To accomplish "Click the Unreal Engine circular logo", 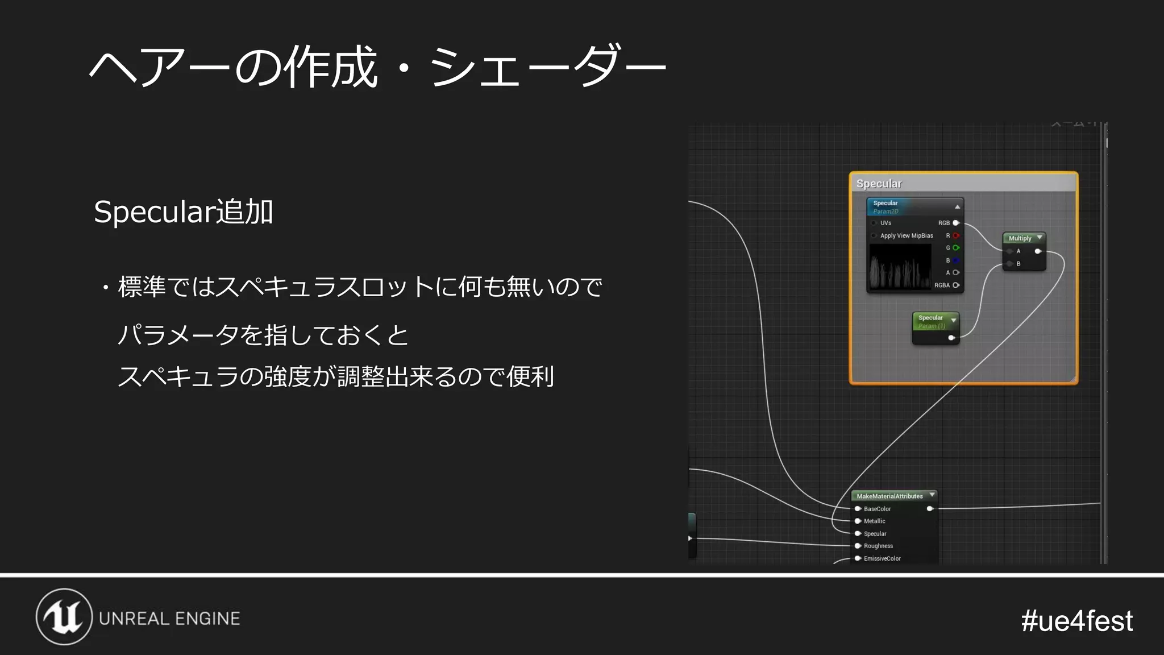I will [x=64, y=617].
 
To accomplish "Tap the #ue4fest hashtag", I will [x=1076, y=620].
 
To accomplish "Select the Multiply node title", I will [x=1020, y=238].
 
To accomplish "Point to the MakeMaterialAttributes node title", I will [x=889, y=496].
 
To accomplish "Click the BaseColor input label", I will [x=877, y=509].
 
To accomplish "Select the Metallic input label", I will [x=874, y=521].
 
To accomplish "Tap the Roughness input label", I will [x=878, y=546].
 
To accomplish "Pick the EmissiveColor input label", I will [x=882, y=559].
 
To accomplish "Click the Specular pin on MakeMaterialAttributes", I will [x=858, y=533].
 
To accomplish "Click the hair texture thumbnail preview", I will [x=900, y=267].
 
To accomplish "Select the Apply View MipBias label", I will [x=907, y=235].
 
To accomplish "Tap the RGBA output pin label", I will [x=942, y=285].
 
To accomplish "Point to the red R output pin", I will [x=956, y=235].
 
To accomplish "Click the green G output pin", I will [x=956, y=248].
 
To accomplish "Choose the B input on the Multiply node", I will [x=1011, y=264].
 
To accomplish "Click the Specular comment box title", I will [x=879, y=184].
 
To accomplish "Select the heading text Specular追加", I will [x=183, y=212].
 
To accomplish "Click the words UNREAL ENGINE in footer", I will [x=169, y=619].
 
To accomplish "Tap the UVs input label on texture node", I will [x=886, y=223].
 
